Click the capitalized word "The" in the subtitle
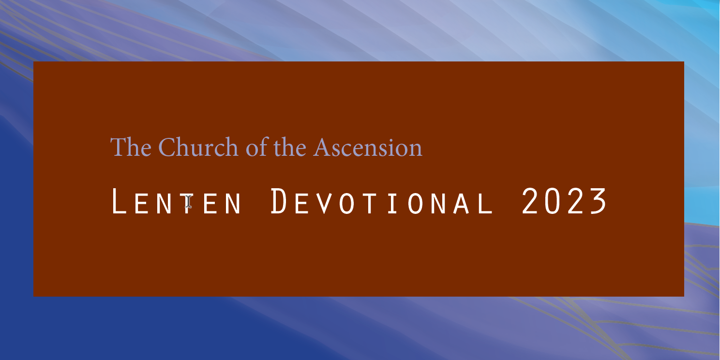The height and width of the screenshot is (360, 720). click(x=131, y=147)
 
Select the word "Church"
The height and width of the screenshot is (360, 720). click(x=198, y=147)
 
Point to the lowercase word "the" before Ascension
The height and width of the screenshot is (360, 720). click(x=290, y=147)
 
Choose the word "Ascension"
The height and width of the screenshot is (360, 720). click(x=368, y=148)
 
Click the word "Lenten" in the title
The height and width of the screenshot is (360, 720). click(x=176, y=201)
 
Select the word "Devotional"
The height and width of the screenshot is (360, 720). click(x=382, y=201)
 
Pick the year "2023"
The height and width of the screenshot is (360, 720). click(x=564, y=201)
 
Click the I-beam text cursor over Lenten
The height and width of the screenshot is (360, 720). click(x=188, y=201)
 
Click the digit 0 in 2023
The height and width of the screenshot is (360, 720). click(x=553, y=201)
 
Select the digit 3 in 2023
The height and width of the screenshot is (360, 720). click(x=598, y=201)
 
